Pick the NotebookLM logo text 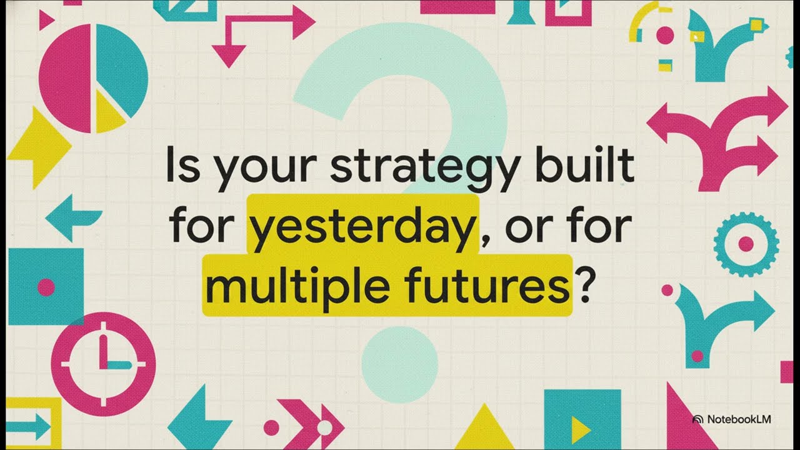(738, 419)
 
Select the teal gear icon (746, 243)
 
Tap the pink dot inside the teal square (46, 287)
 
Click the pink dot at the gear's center (746, 243)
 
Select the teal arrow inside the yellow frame (28, 426)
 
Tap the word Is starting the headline (179, 166)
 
